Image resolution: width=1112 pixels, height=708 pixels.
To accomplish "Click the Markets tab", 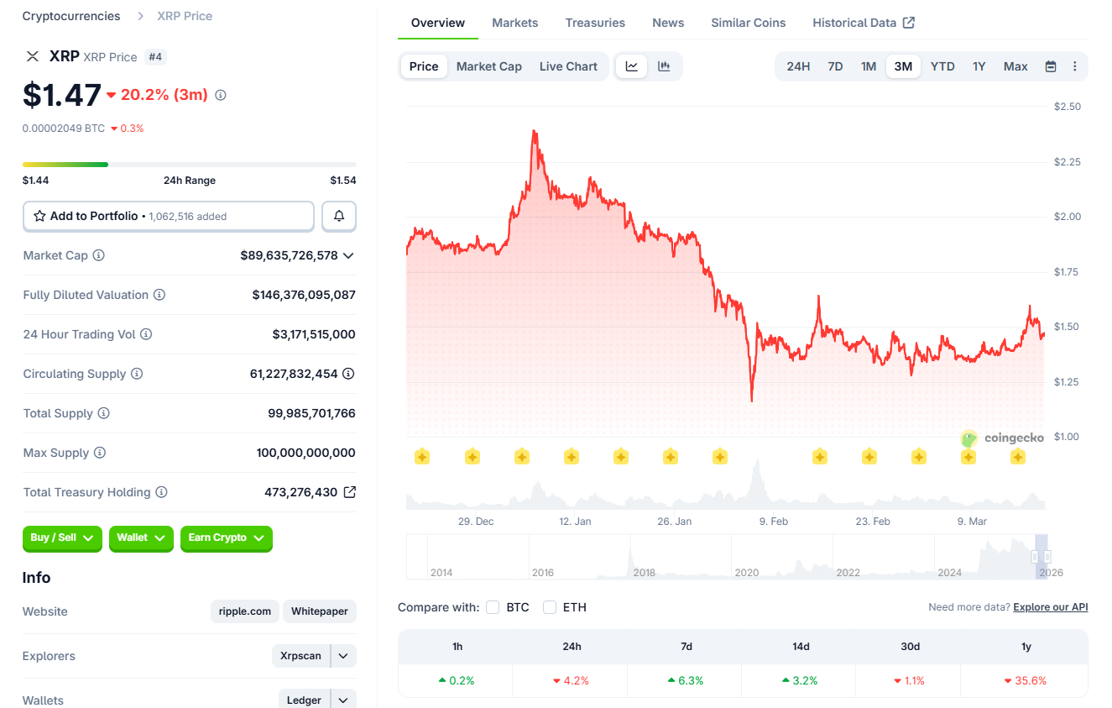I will [x=514, y=23].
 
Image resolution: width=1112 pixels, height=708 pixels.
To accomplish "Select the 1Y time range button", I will [x=979, y=66].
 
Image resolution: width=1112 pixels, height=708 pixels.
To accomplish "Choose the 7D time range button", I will [x=835, y=66].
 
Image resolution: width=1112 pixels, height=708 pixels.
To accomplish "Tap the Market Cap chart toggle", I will [x=488, y=66].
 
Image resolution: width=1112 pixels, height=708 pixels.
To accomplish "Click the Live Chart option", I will [x=568, y=66].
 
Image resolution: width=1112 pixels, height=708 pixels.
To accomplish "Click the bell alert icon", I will [x=339, y=216].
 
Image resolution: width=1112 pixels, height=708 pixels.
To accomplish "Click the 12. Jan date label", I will [x=575, y=522].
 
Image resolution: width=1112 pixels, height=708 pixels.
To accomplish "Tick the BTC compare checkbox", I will [x=493, y=607].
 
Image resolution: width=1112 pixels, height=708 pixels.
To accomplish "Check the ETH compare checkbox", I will [x=550, y=607].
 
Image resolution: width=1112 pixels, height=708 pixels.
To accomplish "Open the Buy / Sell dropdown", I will [x=62, y=538].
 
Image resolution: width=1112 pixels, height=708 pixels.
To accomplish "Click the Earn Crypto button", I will [x=226, y=538].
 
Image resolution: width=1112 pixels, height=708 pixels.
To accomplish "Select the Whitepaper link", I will [x=319, y=611].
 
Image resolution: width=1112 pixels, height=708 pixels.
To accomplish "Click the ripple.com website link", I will [x=245, y=611].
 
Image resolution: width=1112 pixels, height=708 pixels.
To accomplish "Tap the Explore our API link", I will [x=1050, y=607].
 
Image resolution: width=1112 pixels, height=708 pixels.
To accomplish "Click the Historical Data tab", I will [x=863, y=23].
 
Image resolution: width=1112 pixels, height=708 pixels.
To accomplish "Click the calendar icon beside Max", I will [x=1050, y=66].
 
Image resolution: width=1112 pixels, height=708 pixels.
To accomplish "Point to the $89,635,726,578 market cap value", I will [x=289, y=255].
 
